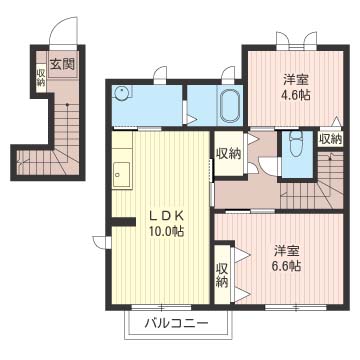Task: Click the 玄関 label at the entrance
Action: point(61,64)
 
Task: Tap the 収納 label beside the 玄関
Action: point(41,77)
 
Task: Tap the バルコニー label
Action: point(175,324)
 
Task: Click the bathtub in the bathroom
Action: point(229,104)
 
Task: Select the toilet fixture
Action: point(292,148)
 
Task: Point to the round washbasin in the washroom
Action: point(122,95)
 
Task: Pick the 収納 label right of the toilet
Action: point(330,139)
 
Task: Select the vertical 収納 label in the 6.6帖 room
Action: point(221,275)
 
